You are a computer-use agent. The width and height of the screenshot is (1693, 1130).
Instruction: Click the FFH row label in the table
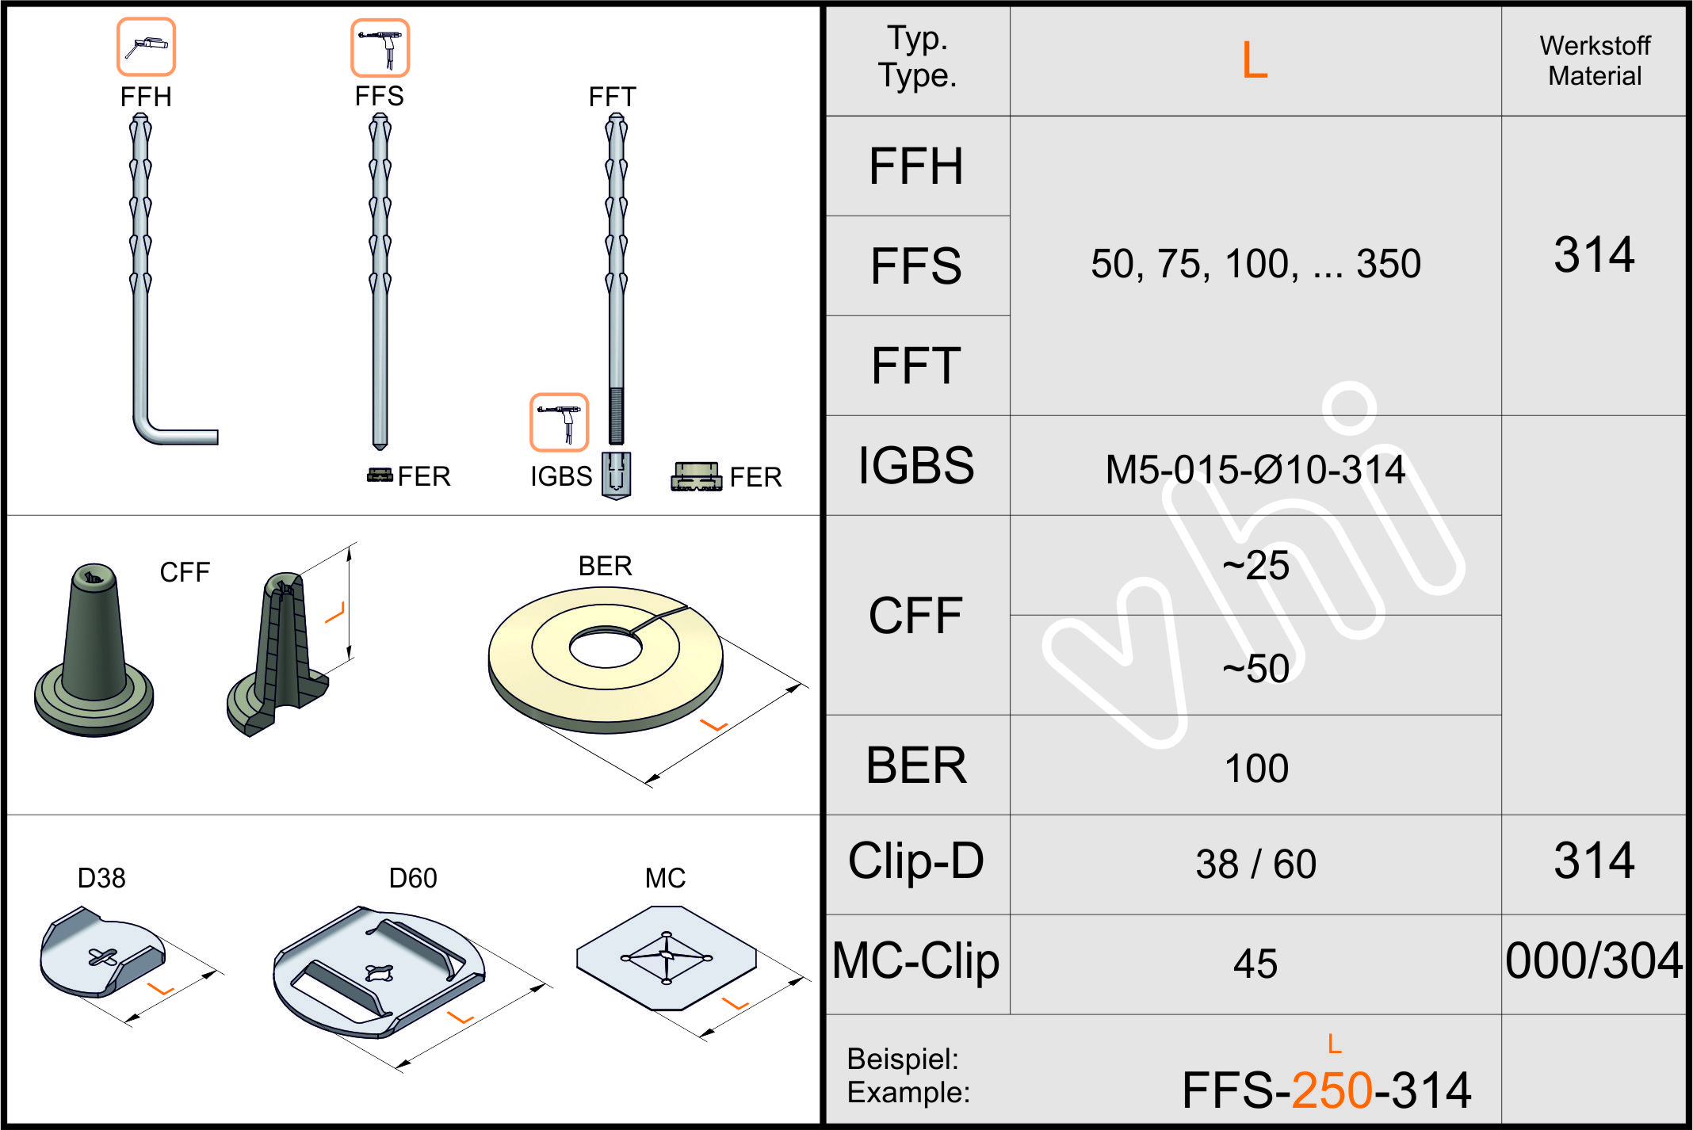(916, 166)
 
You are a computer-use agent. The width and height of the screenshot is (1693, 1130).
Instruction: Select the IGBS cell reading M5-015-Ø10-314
(1255, 469)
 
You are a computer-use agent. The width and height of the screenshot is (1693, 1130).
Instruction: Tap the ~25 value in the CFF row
(1255, 565)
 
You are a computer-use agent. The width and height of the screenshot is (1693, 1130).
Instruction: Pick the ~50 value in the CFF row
(1255, 668)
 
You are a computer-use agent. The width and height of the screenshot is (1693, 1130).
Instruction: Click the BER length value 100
(1256, 768)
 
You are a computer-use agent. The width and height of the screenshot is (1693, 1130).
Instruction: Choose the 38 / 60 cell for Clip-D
(1256, 864)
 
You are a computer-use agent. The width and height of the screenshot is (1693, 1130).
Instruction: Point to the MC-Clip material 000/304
(1593, 960)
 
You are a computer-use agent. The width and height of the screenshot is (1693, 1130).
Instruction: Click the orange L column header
(1255, 59)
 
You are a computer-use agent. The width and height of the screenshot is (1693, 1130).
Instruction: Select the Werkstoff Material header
(1595, 60)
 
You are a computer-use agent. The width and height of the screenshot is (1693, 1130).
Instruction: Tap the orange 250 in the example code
(1332, 1090)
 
